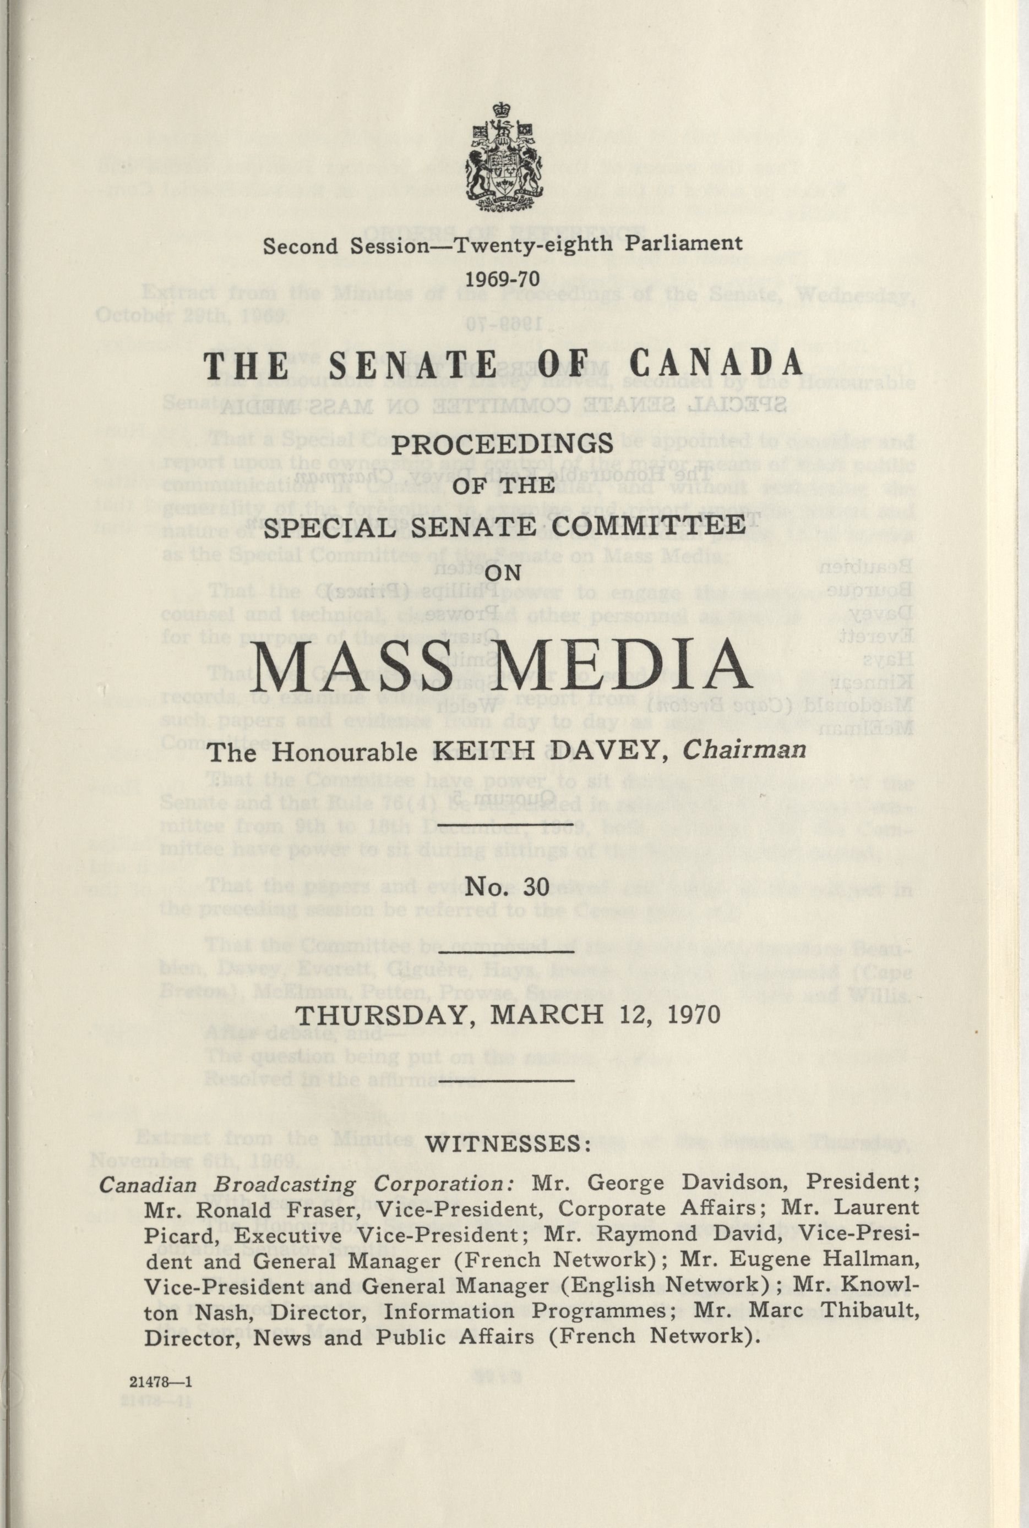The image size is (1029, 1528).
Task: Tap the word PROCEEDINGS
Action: coord(503,444)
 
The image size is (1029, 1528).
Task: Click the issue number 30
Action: coord(536,886)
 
